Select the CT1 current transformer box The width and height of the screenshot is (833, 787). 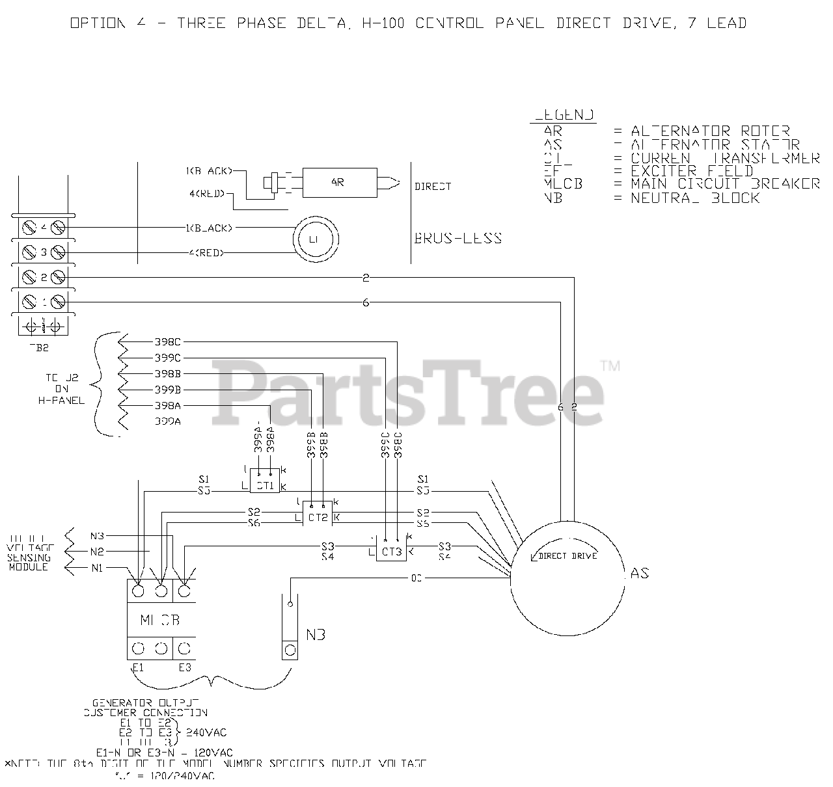pos(264,485)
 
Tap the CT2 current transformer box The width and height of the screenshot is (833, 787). pos(318,518)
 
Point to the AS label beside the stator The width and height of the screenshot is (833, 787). pos(640,573)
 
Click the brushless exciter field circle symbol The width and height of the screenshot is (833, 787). pos(315,239)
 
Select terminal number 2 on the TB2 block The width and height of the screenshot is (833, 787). pos(44,278)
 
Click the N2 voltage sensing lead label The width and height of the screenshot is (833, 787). pos(97,552)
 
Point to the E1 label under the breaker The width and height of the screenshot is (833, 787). pos(137,667)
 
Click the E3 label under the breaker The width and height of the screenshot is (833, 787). pos(185,667)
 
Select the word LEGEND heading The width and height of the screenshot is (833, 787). pos(564,115)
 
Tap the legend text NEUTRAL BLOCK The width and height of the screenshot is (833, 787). pos(694,198)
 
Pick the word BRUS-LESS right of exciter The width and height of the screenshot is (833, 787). pos(458,238)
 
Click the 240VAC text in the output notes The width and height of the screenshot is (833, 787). pos(206,732)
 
